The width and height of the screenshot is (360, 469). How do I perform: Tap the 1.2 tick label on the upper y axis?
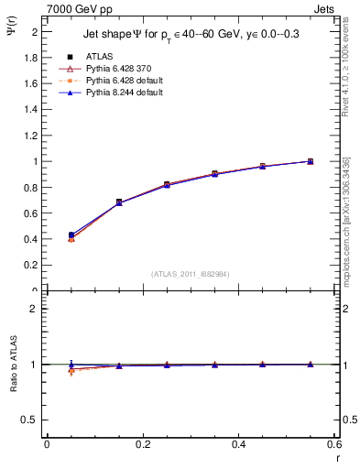point(33,136)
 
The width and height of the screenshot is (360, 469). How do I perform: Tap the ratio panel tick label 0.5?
point(33,420)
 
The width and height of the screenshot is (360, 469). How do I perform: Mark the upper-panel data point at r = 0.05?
point(71,235)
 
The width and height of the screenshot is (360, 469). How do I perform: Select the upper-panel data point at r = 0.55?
point(310,161)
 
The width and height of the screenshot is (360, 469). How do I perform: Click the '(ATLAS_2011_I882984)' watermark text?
point(190,274)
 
